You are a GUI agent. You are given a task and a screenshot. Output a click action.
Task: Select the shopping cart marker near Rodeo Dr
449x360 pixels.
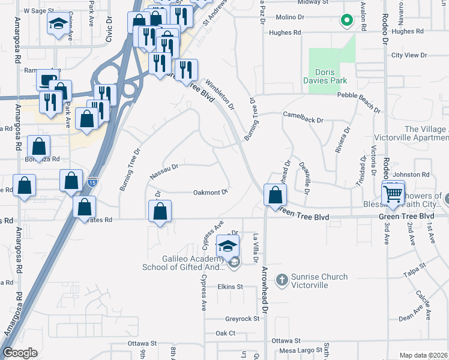point(393,193)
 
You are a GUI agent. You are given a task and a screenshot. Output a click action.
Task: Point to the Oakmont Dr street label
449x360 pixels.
point(210,193)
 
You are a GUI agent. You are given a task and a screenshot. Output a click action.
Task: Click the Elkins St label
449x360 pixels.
point(230,287)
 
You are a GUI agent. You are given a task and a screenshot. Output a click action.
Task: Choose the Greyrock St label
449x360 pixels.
point(242,319)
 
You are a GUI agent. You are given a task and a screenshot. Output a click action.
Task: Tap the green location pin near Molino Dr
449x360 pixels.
point(346,21)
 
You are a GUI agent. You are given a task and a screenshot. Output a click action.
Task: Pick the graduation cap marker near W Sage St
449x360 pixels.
point(58,24)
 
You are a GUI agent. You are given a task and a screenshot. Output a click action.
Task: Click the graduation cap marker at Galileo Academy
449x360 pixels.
point(228,247)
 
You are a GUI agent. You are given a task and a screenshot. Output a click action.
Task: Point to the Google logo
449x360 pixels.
point(20,353)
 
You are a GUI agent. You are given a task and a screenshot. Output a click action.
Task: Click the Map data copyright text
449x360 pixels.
point(424,355)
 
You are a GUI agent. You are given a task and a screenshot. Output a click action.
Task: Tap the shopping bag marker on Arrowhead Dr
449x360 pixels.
point(275,195)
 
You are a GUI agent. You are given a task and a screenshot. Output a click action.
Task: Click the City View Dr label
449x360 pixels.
point(408,55)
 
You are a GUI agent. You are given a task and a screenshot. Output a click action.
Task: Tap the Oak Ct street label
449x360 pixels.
point(225,333)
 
